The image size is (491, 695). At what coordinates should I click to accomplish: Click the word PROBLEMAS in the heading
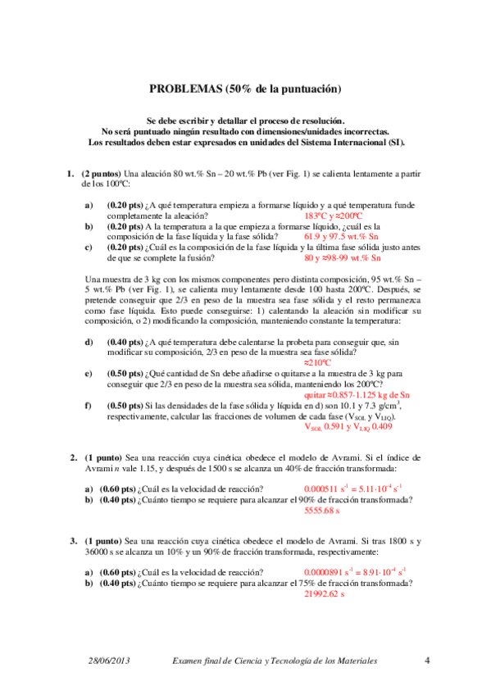tap(180, 89)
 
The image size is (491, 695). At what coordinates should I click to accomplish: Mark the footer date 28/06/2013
tap(109, 661)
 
